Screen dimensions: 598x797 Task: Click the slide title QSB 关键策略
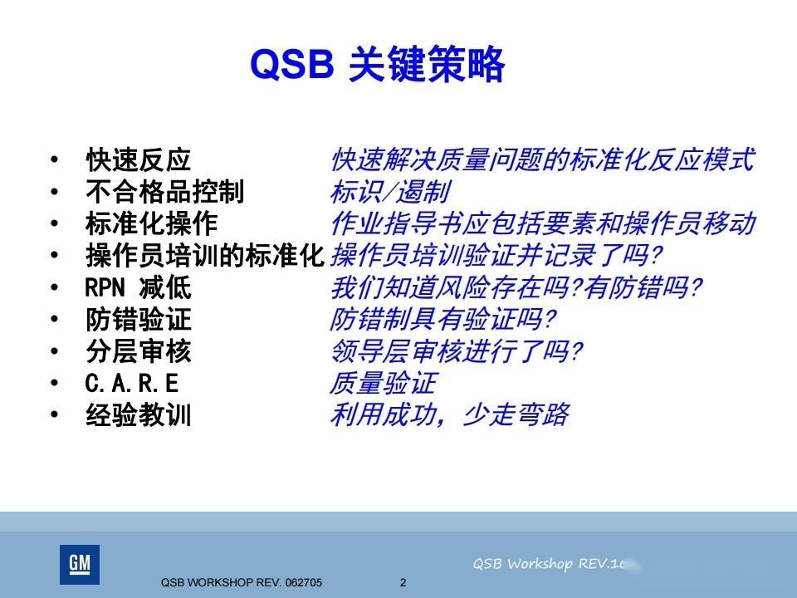coord(378,66)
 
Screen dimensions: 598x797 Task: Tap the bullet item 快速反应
coord(138,159)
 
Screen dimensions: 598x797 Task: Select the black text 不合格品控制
coord(164,192)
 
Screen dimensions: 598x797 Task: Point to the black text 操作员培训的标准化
coord(204,256)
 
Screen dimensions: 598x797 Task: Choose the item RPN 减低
coord(138,287)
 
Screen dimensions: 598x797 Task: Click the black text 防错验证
coord(138,320)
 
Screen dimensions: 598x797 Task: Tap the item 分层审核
coord(138,351)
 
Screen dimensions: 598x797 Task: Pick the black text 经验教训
coord(138,415)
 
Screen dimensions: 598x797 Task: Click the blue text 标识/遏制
coord(389,192)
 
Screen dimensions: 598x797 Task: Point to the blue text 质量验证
coord(383,383)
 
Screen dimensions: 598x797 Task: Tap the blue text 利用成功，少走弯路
coord(449,414)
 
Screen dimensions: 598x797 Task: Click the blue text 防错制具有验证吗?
coord(443,320)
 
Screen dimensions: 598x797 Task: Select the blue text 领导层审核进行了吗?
coord(456,351)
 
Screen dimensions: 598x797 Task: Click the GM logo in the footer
coord(80,565)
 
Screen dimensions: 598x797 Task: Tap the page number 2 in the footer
coord(403,582)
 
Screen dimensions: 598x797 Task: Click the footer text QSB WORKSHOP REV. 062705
coord(242,583)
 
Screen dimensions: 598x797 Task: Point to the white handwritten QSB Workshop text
coord(548,564)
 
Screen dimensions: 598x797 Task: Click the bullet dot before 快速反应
coord(55,159)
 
